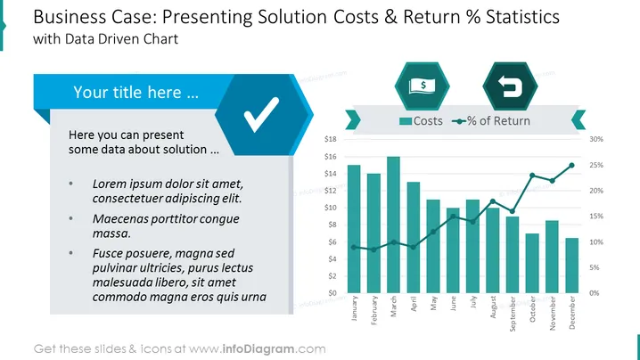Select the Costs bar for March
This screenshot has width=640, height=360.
pos(393,225)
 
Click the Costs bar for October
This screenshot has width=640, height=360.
pos(532,263)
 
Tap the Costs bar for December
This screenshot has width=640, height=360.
pos(572,266)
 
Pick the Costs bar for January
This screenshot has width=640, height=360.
pos(354,229)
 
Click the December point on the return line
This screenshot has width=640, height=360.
pos(572,166)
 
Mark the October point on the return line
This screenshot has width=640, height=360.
pos(532,176)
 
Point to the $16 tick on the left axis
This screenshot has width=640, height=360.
pos(331,156)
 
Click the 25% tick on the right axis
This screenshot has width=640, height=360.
pos(596,165)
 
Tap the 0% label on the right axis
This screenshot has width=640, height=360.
pos(595,293)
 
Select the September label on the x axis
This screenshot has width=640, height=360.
pos(513,314)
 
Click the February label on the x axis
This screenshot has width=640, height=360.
pos(373,310)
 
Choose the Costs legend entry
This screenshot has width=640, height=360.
pos(421,121)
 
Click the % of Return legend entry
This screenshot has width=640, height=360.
pos(491,121)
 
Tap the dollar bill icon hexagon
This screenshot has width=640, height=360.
pos(422,86)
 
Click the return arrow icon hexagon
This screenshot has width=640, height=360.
pos(510,86)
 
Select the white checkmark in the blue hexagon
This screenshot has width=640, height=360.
pos(262,115)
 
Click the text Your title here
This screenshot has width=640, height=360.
pos(135,93)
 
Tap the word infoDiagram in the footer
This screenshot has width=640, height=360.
pos(258,349)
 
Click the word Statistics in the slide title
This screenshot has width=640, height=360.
pos(522,17)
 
